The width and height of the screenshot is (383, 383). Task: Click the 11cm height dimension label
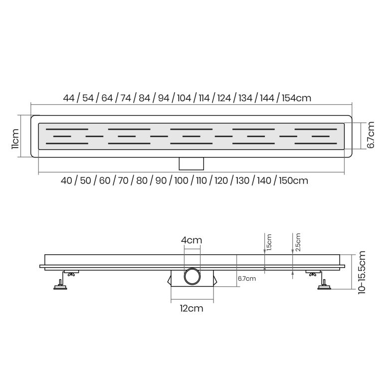click(15, 139)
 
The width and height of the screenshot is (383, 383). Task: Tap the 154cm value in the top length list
click(297, 98)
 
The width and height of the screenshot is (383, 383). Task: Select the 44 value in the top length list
click(69, 98)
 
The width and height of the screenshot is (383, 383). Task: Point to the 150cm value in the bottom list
click(293, 181)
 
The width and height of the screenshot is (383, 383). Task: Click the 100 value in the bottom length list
click(181, 181)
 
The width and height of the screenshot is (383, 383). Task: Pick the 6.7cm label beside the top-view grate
click(371, 135)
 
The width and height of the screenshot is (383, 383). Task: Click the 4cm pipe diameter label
click(191, 240)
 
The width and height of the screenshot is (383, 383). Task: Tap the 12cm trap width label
click(191, 309)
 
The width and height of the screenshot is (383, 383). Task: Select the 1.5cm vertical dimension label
click(269, 242)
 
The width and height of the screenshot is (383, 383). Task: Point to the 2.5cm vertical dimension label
click(298, 242)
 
